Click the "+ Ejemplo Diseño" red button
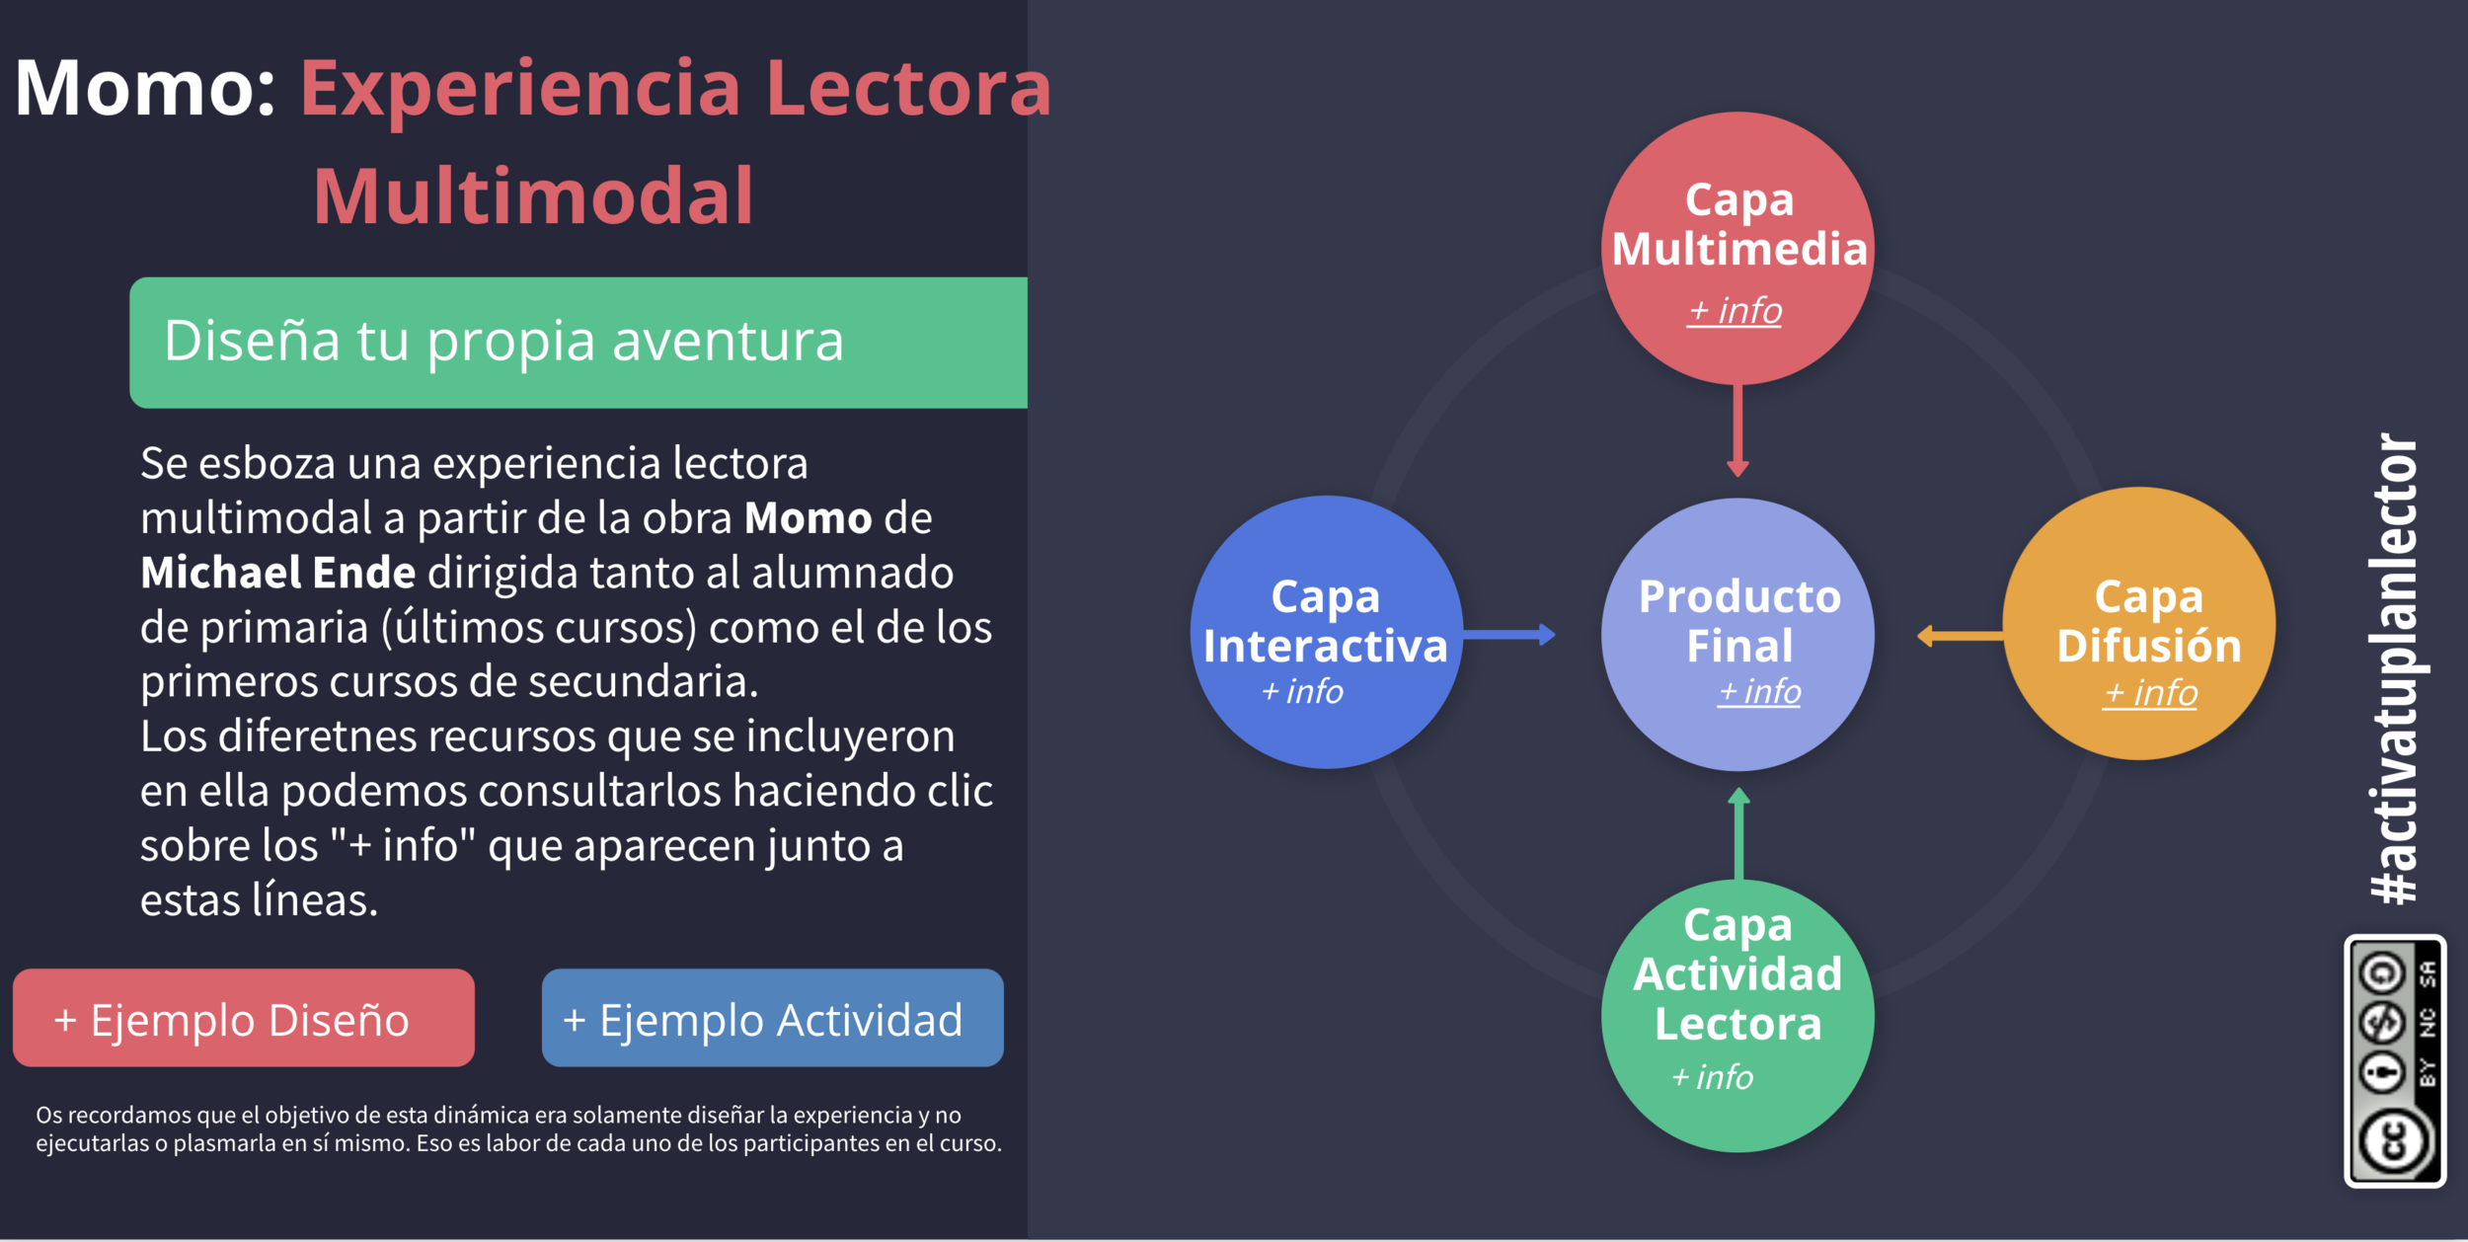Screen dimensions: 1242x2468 [x=243, y=1018]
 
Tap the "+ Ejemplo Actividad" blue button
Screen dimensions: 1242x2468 [x=772, y=1018]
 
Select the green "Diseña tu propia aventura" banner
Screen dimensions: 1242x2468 [x=578, y=342]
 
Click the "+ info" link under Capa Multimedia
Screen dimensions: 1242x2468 [x=1735, y=311]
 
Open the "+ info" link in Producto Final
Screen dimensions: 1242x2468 [x=1760, y=691]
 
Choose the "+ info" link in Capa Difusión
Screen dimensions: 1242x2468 [x=2150, y=693]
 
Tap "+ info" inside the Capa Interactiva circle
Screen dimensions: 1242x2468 [x=1302, y=691]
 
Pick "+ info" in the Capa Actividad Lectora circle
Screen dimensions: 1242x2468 [x=1712, y=1077]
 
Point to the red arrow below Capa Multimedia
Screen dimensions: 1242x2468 [x=1737, y=430]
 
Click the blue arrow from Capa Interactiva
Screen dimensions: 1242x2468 [x=1508, y=635]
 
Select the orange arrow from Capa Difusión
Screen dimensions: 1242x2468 [x=1960, y=637]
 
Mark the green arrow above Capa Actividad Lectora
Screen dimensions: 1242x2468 [x=1738, y=833]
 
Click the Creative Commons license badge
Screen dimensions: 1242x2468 [x=2394, y=1060]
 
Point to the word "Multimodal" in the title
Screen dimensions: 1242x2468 [x=533, y=196]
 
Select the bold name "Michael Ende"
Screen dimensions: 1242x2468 [x=277, y=573]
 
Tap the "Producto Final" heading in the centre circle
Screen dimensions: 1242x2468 [x=1738, y=620]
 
